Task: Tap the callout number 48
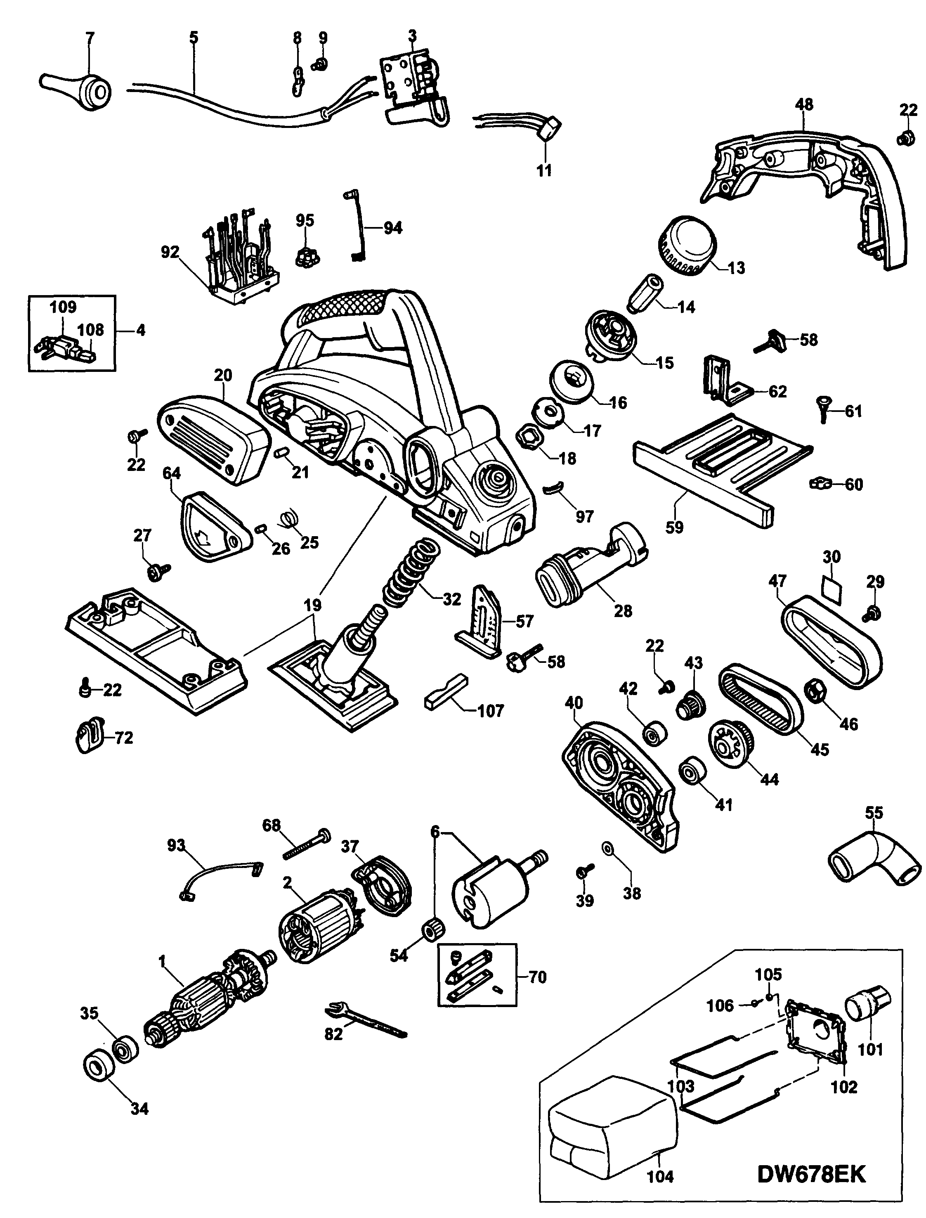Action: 804,105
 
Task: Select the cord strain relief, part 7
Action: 77,88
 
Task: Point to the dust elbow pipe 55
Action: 874,862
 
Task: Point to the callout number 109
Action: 64,307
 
